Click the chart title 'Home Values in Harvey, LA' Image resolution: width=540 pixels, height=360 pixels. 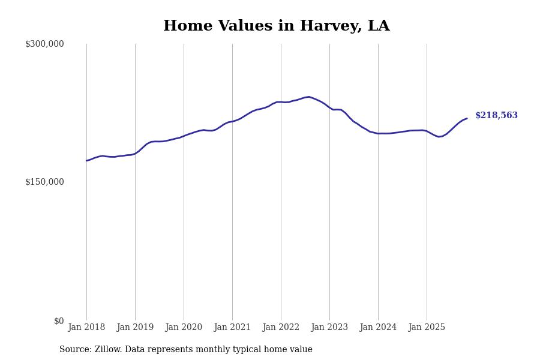pos(276,26)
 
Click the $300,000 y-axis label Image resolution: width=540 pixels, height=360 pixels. pos(44,44)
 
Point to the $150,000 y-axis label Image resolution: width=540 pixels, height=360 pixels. pos(44,182)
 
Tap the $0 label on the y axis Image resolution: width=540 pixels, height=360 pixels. pos(59,321)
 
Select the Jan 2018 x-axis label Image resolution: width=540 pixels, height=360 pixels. pos(86,328)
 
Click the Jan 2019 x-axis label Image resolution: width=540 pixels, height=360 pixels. pos(135,328)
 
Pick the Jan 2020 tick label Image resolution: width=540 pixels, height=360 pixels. pos(184,328)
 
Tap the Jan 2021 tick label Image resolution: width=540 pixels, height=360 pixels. pos(232,328)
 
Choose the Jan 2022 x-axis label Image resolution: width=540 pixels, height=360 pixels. pos(281,328)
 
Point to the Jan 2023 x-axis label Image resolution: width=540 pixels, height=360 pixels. pos(329,328)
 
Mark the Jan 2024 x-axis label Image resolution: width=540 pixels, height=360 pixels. pos(378,328)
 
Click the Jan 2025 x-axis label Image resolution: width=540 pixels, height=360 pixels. pos(427,328)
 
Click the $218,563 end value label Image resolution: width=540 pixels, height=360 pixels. pos(496,116)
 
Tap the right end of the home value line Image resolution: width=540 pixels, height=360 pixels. pos(467,119)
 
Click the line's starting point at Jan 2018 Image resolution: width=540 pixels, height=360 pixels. pos(86,161)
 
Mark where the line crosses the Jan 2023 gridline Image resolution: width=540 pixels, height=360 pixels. pos(329,108)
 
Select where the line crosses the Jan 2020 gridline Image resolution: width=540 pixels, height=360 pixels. pos(184,136)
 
